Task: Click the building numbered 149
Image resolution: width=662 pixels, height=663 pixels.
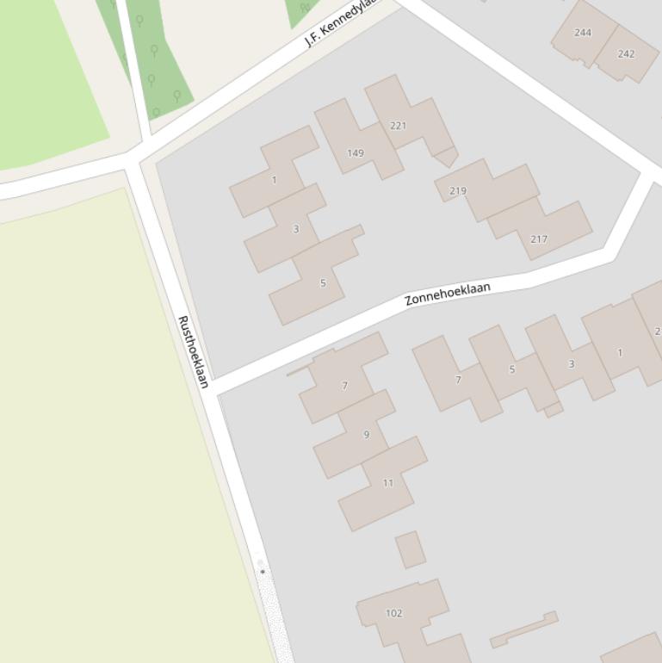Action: click(x=356, y=152)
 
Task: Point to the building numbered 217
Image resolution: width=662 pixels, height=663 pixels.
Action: click(x=539, y=239)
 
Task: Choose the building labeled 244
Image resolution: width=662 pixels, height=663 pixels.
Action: click(x=583, y=33)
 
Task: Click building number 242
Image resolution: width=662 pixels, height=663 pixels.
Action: click(x=626, y=53)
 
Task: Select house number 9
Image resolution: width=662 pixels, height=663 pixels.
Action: click(x=366, y=434)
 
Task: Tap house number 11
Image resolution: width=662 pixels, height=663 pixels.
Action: click(x=387, y=482)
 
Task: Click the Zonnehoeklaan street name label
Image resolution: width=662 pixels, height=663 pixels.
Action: click(x=448, y=293)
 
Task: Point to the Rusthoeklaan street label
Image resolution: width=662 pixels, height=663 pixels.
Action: click(x=193, y=351)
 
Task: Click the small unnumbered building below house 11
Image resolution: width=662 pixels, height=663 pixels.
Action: click(x=411, y=549)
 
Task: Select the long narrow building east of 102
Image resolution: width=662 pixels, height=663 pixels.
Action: click(x=523, y=629)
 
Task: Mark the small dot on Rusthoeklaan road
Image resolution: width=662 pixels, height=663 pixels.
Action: click(x=263, y=571)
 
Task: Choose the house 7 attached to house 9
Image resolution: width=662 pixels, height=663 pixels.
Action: click(x=344, y=385)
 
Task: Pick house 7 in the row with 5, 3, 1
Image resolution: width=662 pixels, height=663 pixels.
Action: click(x=458, y=379)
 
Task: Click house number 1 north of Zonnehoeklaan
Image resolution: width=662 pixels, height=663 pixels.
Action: click(x=274, y=180)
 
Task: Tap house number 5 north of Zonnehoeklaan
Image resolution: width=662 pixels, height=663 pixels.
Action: click(x=323, y=282)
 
